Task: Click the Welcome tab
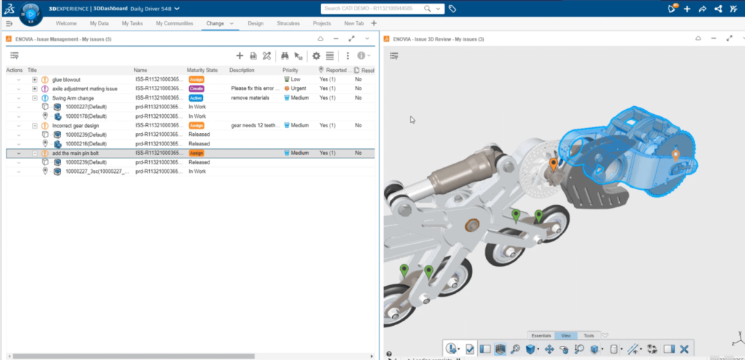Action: (66, 23)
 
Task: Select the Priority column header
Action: (290, 70)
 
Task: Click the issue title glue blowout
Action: (66, 79)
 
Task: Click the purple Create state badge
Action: (196, 89)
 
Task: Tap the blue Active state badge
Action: (196, 97)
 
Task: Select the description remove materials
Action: (250, 97)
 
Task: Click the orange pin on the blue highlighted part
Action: (675, 154)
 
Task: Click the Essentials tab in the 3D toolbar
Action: (541, 335)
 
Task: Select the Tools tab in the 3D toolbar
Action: (589, 335)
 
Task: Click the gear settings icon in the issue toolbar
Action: (316, 55)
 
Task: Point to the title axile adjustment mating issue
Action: (84, 89)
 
